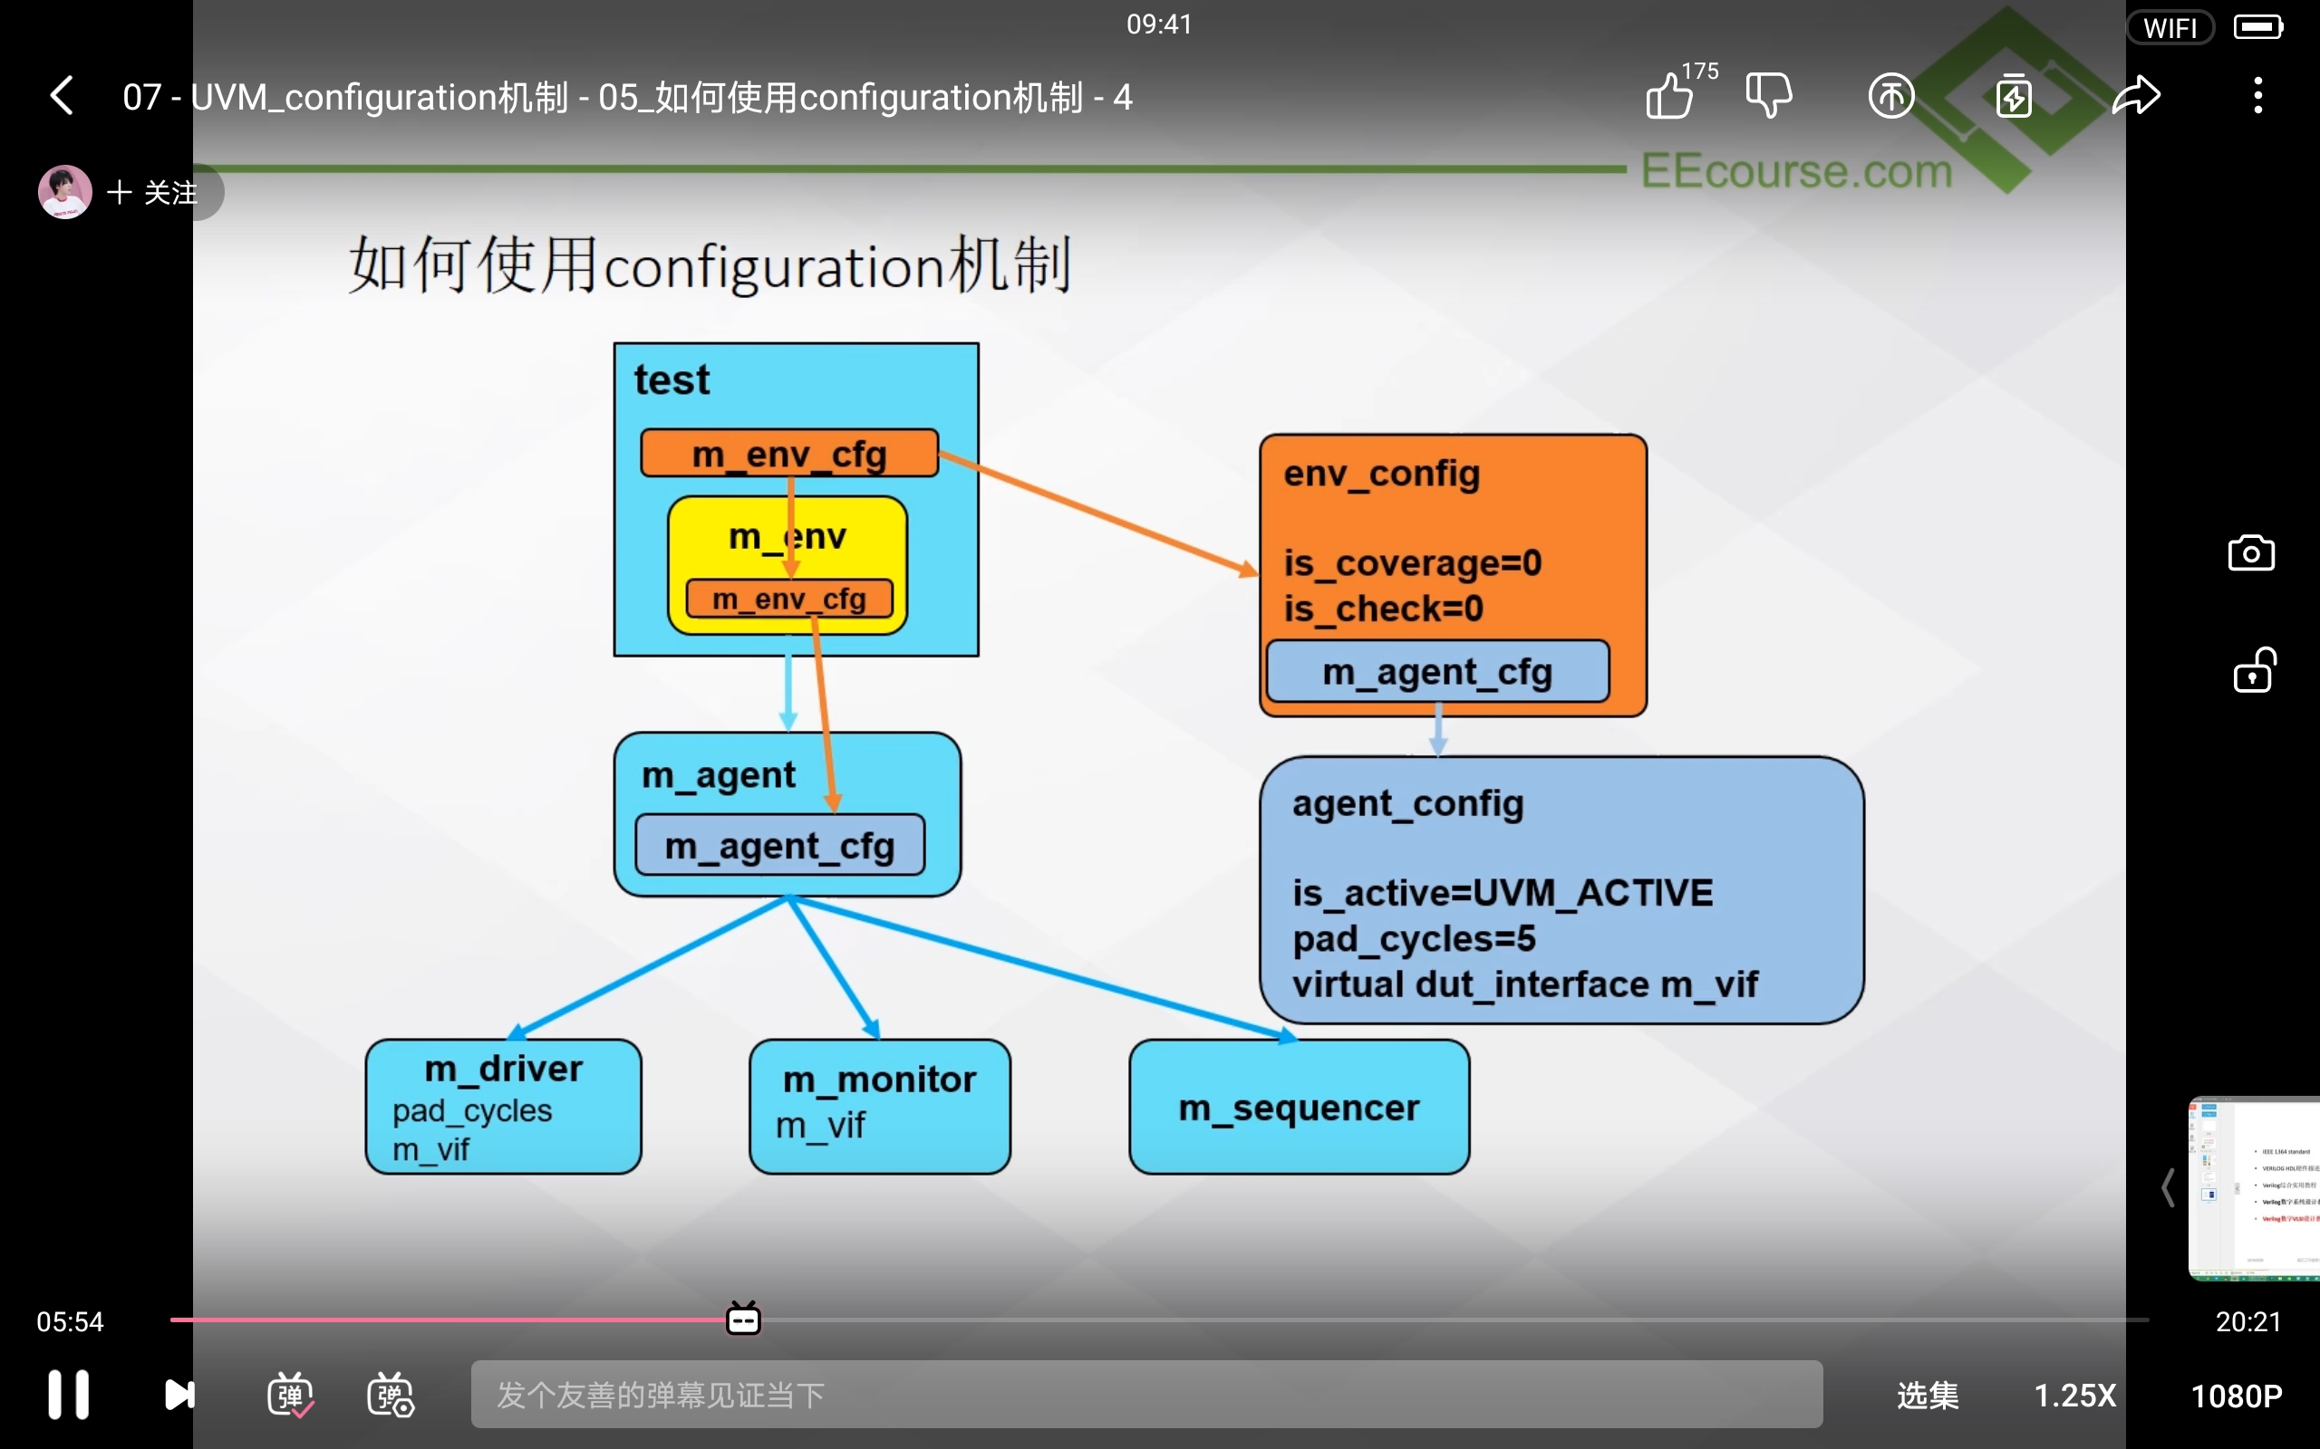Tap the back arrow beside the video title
[63, 96]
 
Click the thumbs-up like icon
[1669, 96]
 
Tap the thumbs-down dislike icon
[1769, 95]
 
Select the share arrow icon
[2137, 96]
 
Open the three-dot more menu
[2257, 96]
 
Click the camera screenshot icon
[2251, 554]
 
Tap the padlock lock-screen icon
[2253, 670]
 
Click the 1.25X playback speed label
[2074, 1396]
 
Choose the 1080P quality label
[2236, 1396]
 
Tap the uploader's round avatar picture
[65, 192]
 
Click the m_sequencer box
[1299, 1107]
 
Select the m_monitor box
[879, 1106]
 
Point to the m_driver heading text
[503, 1069]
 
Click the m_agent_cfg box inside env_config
[1437, 672]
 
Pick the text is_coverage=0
[1412, 563]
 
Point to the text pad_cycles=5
[1414, 939]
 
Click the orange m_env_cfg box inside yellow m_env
[789, 599]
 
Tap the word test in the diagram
[672, 380]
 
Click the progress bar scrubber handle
[743, 1319]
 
